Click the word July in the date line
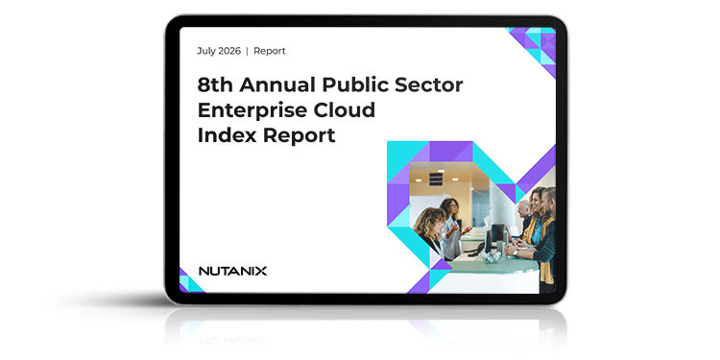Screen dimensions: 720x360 (x=205, y=51)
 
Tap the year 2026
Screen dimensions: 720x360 (x=229, y=51)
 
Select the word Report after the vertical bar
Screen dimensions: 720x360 (x=270, y=51)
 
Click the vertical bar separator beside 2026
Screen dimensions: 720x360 (x=247, y=51)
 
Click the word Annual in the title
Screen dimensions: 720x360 (x=277, y=84)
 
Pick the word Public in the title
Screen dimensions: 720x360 (x=351, y=84)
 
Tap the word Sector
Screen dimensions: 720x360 (x=425, y=84)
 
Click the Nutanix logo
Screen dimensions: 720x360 (x=233, y=271)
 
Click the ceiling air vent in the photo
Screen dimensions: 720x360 (x=436, y=180)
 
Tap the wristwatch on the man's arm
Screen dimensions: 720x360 (x=516, y=252)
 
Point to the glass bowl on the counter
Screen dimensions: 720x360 (x=492, y=256)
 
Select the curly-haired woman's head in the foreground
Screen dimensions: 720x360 (x=429, y=223)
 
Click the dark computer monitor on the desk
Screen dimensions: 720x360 (x=497, y=232)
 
